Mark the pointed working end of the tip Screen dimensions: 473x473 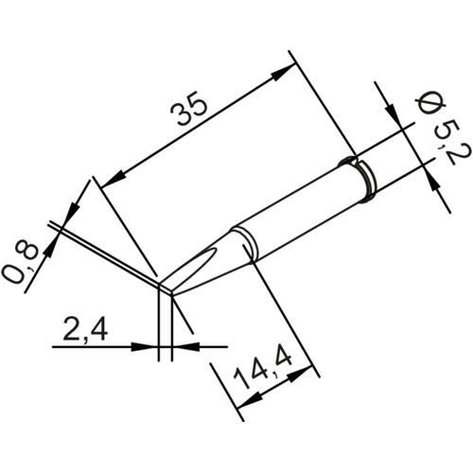pyautogui.click(x=163, y=286)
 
